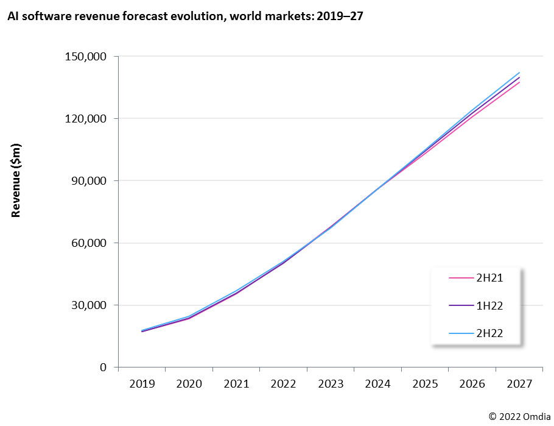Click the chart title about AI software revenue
click(x=185, y=16)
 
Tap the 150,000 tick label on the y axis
click(x=85, y=57)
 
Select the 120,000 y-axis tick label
click(x=85, y=118)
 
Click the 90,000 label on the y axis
click(x=88, y=180)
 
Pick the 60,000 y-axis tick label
click(x=88, y=243)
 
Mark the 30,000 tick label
click(x=88, y=305)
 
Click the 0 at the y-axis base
click(x=103, y=367)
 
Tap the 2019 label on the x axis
click(x=141, y=384)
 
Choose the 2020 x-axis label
click(x=189, y=384)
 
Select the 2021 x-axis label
click(x=236, y=384)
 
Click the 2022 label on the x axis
click(x=283, y=384)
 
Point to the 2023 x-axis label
click(x=330, y=384)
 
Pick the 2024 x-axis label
click(x=377, y=384)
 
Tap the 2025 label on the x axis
click(x=425, y=384)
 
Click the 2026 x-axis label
click(x=472, y=384)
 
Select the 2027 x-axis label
click(x=519, y=384)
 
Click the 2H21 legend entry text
click(x=490, y=278)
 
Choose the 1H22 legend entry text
click(x=490, y=305)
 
